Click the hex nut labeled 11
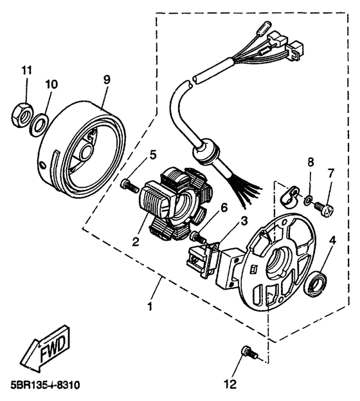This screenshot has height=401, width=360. (21, 116)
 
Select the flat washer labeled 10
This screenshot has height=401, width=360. (39, 125)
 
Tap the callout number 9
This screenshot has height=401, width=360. (107, 80)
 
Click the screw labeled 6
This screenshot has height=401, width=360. (199, 237)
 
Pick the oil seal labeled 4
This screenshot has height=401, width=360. (317, 284)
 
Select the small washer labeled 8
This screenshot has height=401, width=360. (309, 200)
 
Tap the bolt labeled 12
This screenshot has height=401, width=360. (249, 352)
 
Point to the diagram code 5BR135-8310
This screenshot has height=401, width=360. (45, 385)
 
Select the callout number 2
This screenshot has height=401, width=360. (136, 241)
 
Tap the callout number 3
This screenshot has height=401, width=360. (244, 221)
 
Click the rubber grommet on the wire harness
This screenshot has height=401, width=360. (206, 152)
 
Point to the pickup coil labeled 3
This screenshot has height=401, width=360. (203, 259)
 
